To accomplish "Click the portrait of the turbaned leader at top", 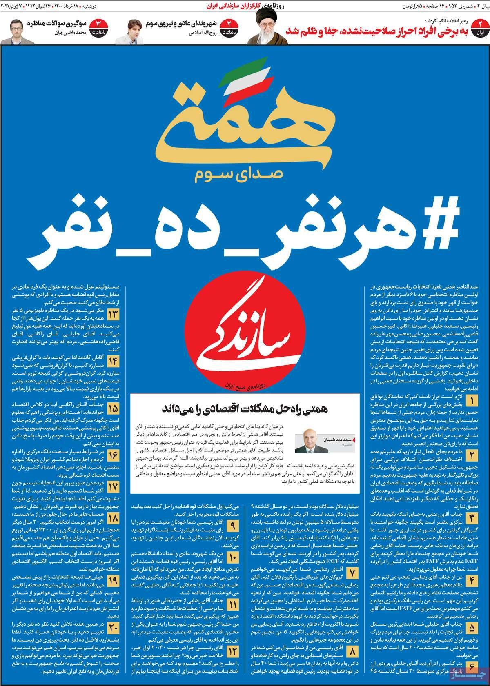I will (261, 27).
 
